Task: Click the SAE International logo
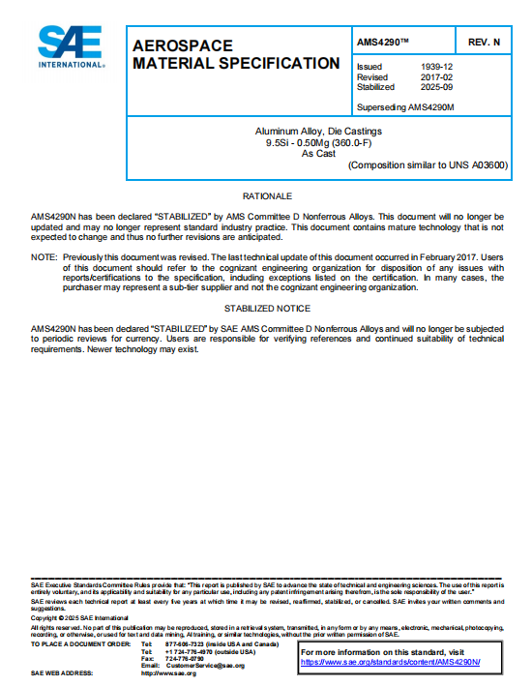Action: (71, 45)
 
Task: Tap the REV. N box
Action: (484, 44)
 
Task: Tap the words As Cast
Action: (317, 153)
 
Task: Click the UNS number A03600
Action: (488, 165)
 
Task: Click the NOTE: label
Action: (44, 257)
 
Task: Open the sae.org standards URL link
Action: (390, 662)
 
